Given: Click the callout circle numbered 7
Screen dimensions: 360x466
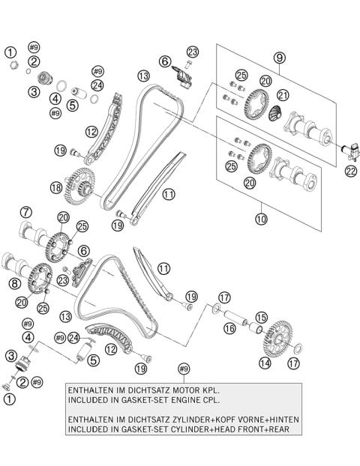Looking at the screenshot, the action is (x=26, y=212).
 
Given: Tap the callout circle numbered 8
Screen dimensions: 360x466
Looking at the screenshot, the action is (x=14, y=283).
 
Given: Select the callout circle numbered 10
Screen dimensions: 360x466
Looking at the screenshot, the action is (x=261, y=219).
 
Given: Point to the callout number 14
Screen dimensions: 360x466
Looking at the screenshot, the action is (x=265, y=363).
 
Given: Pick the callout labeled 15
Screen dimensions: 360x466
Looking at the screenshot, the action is (x=261, y=318).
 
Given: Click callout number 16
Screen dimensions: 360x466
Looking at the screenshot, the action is (x=229, y=328).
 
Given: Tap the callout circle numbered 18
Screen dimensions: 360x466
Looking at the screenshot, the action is (x=56, y=187).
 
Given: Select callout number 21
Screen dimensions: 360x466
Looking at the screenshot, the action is (x=283, y=95).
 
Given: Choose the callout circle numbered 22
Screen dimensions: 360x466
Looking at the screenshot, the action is (x=351, y=171).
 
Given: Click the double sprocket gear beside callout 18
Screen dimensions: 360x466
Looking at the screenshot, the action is (x=79, y=187).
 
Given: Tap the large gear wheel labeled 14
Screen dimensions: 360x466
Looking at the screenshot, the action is (x=278, y=339).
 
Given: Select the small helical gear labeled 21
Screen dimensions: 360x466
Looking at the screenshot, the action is (x=275, y=114).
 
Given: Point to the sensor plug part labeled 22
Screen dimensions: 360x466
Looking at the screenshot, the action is (x=350, y=151).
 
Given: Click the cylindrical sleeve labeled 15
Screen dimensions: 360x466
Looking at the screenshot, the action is (x=256, y=328).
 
